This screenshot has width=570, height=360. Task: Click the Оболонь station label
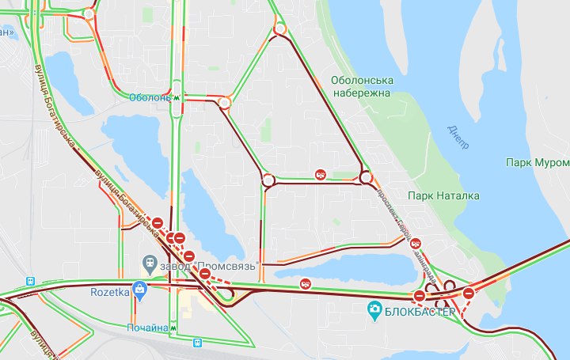click(150, 98)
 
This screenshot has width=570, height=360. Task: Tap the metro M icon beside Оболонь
click(177, 98)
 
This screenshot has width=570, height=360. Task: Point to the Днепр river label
click(458, 136)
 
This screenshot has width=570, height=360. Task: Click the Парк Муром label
click(537, 162)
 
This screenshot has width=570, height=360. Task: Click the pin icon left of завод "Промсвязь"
click(148, 262)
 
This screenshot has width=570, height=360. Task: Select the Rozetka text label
click(110, 292)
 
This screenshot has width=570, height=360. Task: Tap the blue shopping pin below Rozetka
click(139, 291)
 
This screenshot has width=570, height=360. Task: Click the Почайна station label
click(148, 327)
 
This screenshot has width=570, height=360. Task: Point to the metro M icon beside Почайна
click(175, 327)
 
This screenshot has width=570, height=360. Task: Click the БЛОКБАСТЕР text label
click(420, 311)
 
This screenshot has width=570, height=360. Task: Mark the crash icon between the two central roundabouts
click(319, 175)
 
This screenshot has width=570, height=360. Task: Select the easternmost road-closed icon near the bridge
click(469, 294)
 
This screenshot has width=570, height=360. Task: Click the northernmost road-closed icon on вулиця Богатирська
click(158, 222)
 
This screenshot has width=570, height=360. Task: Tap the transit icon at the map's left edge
click(30, 281)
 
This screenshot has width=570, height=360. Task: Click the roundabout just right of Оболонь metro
click(225, 102)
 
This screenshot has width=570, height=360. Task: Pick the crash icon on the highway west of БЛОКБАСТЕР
click(306, 283)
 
